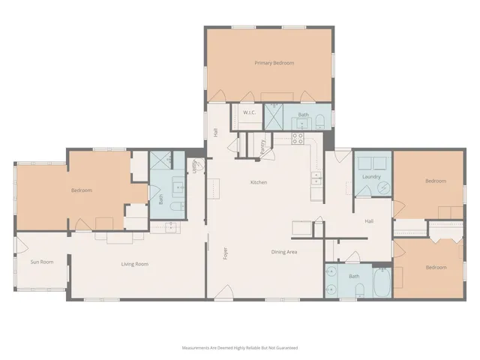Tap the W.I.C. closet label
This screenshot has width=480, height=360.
coord(250,115)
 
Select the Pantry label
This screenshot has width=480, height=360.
coord(262,147)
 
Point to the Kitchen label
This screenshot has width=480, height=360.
coord(259,182)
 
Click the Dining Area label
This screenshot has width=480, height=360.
coord(284,251)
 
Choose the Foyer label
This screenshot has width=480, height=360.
coord(226,253)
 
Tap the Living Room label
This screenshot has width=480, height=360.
coord(134,263)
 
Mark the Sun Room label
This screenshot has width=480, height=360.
coord(41,262)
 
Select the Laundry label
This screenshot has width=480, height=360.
coord(371,176)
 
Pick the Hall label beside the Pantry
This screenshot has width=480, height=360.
coord(216,131)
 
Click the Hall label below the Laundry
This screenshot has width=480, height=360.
coord(369,221)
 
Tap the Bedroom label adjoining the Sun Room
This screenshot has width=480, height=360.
coord(82,190)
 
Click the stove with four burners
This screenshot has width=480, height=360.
coord(297,138)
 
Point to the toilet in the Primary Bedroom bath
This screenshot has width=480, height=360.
coord(320,121)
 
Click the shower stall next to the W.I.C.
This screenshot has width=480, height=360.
coord(274,116)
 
